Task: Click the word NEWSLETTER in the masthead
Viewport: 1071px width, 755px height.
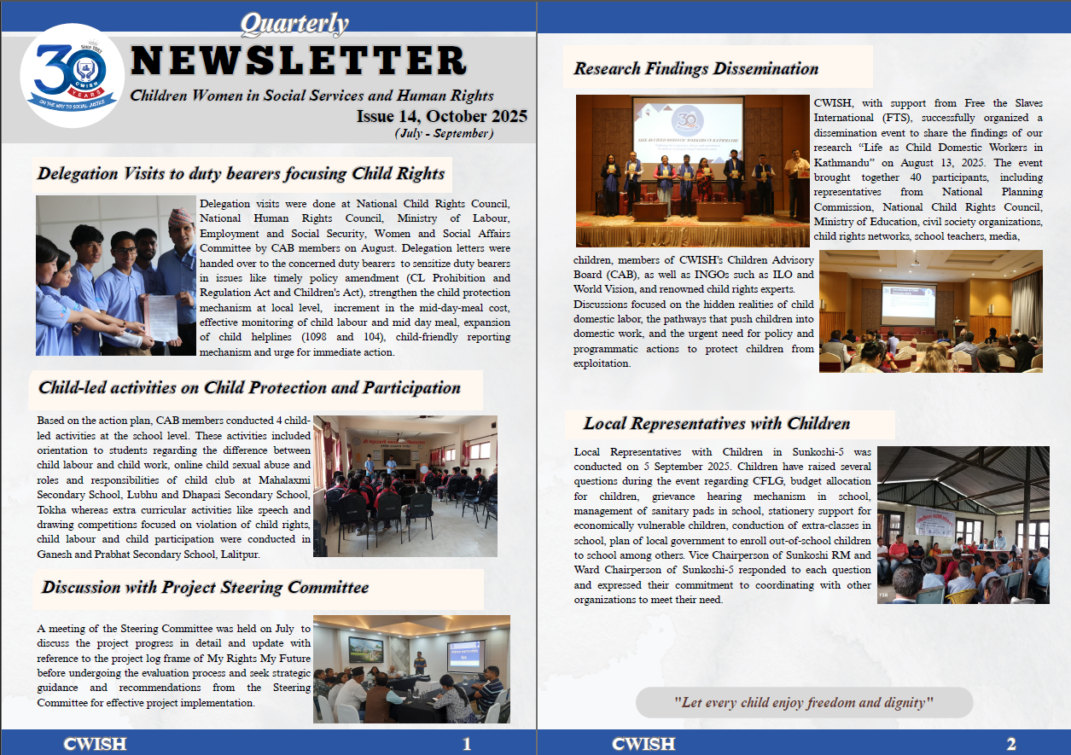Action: pyautogui.click(x=299, y=61)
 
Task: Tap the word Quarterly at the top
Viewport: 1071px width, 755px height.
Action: pyautogui.click(x=294, y=24)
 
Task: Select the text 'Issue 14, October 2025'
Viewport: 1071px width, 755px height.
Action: pyautogui.click(x=441, y=116)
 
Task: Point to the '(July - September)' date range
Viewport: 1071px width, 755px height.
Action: pyautogui.click(x=443, y=133)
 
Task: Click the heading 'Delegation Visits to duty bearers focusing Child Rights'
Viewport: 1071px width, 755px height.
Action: pyautogui.click(x=242, y=174)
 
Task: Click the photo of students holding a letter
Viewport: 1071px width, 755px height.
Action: pyautogui.click(x=116, y=276)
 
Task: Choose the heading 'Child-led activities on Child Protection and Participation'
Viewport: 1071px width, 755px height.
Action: pyautogui.click(x=250, y=388)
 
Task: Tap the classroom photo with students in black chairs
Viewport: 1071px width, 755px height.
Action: pyautogui.click(x=405, y=485)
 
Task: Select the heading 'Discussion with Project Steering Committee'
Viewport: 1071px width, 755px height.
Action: pyautogui.click(x=205, y=587)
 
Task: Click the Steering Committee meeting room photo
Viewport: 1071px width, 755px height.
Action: pyautogui.click(x=411, y=669)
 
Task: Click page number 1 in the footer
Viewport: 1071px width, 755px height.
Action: pyautogui.click(x=467, y=744)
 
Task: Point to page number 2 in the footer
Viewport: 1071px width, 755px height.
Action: pyautogui.click(x=1011, y=744)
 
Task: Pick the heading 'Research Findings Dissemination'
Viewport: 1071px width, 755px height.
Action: pyautogui.click(x=696, y=68)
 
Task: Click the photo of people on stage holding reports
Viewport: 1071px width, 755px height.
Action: pyautogui.click(x=692, y=171)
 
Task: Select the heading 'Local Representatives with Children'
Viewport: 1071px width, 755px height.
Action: pyautogui.click(x=717, y=423)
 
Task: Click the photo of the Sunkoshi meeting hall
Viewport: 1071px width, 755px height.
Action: pyautogui.click(x=963, y=525)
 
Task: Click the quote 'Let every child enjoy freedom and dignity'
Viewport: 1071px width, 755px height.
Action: pyautogui.click(x=804, y=703)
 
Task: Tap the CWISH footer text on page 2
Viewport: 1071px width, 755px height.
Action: pyautogui.click(x=643, y=744)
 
